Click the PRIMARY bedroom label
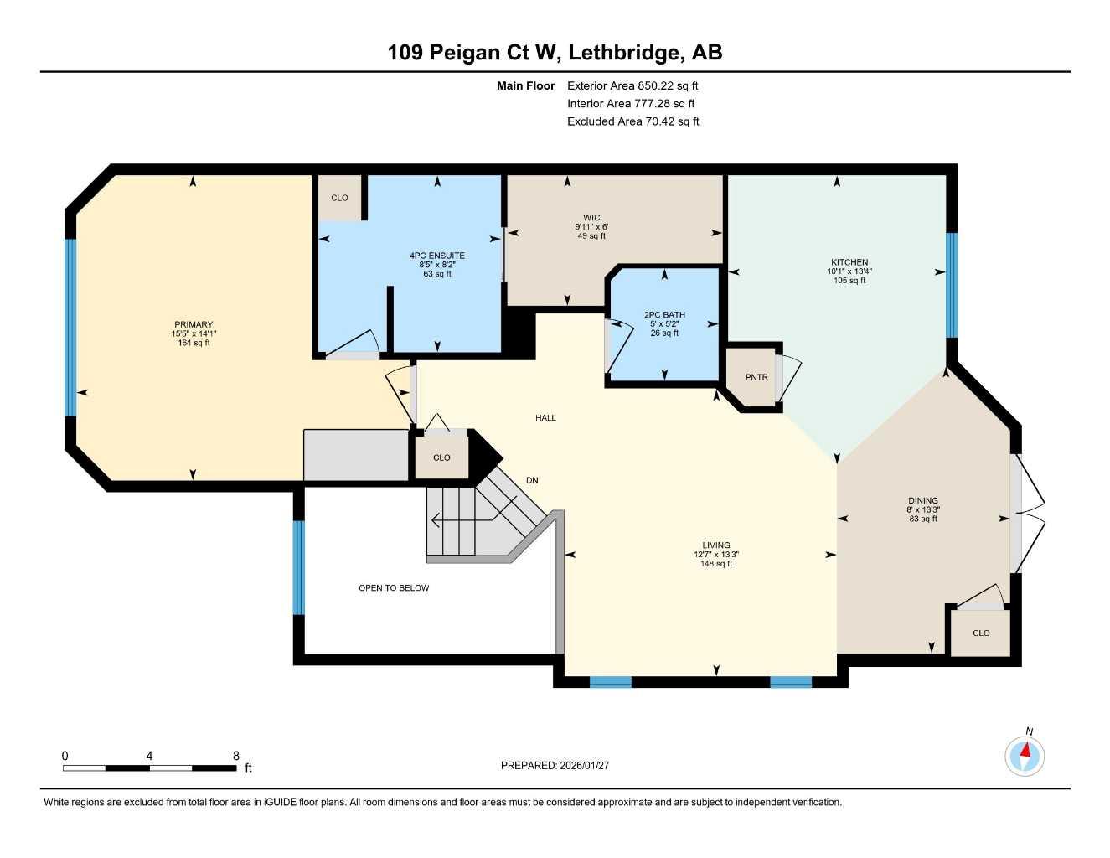pos(194,324)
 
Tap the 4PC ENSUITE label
pos(436,256)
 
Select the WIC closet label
pos(591,218)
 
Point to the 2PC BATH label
pos(664,315)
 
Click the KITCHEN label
pos(849,262)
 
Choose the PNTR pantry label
pos(756,377)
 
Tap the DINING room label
pos(922,500)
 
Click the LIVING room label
pos(715,545)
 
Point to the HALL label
pos(545,417)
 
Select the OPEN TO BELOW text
pos(394,588)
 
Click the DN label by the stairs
pos(532,480)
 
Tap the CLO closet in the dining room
pos(981,633)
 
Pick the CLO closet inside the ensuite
pos(339,198)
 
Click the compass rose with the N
pos(1025,756)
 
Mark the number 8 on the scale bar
pos(236,756)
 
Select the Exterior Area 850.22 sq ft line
pos(632,85)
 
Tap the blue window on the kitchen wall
pos(952,285)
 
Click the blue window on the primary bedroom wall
pos(70,328)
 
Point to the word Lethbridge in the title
pos(623,53)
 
